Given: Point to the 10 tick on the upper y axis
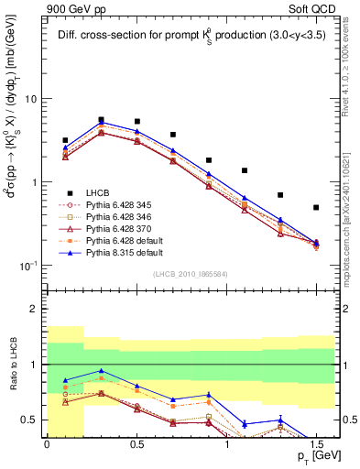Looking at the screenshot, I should click(32, 99).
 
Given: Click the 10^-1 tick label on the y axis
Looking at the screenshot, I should click(28, 266).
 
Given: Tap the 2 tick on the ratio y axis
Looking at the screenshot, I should click(36, 310).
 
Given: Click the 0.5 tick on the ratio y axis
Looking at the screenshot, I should click(31, 420).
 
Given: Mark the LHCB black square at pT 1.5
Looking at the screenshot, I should click(316, 208).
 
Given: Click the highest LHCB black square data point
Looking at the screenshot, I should click(101, 120).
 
